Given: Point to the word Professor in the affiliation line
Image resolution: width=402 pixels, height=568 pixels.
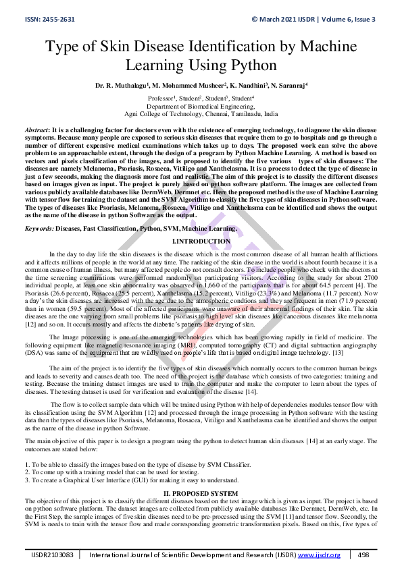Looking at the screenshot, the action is click(163, 98).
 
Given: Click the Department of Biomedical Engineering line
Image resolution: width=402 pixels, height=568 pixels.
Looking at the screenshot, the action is click(201, 107).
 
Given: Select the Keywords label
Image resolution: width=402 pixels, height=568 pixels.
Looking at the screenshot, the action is click(39, 229).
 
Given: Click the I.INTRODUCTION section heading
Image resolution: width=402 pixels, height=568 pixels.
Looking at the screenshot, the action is click(201, 241).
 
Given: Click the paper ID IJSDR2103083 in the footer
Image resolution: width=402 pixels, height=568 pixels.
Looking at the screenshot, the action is click(52, 555).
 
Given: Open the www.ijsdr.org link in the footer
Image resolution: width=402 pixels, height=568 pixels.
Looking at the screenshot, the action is click(324, 555).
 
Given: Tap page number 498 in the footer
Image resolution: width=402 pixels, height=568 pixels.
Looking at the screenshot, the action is click(363, 555).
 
